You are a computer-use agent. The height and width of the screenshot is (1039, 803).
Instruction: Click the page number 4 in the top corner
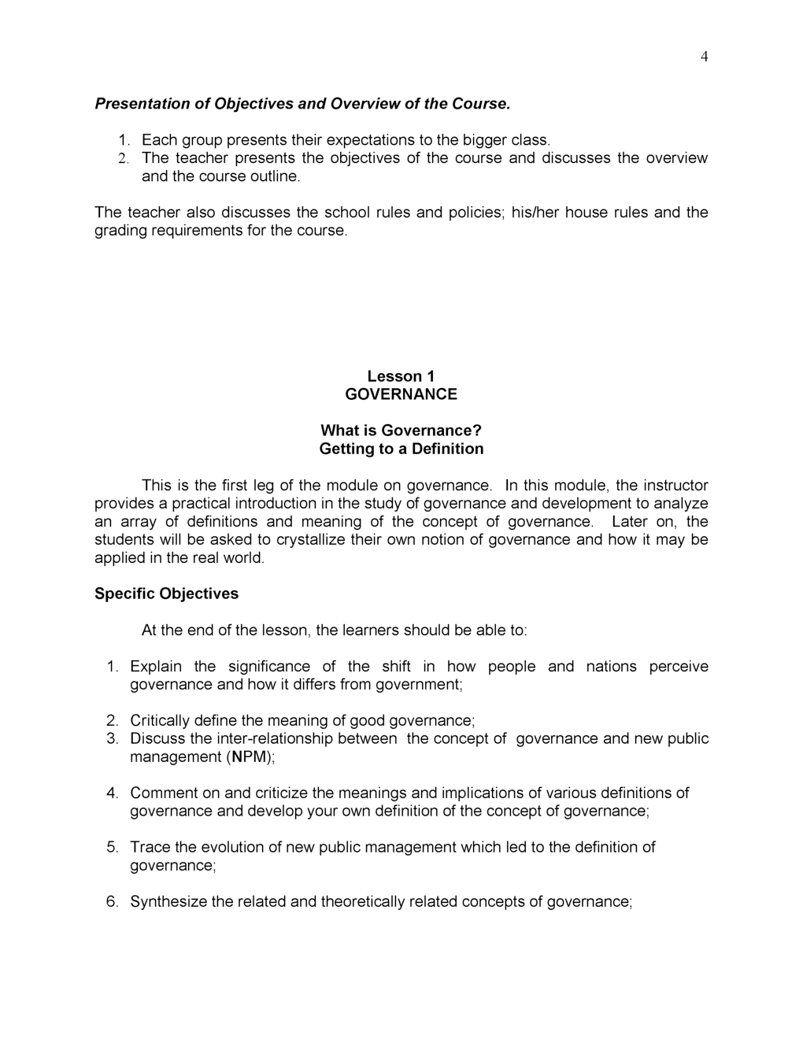[704, 57]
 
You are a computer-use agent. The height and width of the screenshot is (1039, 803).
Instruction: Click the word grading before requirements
[120, 231]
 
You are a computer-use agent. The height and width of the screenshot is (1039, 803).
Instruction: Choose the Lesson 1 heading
[401, 376]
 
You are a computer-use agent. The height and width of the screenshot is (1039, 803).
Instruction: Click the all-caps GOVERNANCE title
[401, 394]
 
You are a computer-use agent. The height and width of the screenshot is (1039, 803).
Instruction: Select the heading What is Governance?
[401, 431]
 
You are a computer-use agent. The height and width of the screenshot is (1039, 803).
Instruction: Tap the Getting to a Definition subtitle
[401, 449]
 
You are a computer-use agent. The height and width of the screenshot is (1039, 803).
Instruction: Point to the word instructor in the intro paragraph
[675, 486]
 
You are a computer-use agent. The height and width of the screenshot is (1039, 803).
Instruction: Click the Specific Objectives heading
[166, 593]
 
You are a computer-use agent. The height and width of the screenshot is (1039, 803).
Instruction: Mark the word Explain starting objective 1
[156, 667]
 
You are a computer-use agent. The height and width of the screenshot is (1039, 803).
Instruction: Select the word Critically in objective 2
[160, 721]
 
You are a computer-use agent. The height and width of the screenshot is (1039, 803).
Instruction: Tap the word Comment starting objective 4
[163, 793]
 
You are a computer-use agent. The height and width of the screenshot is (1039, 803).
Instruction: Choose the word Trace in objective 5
[150, 848]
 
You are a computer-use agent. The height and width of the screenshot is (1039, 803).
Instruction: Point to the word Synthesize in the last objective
[168, 902]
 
